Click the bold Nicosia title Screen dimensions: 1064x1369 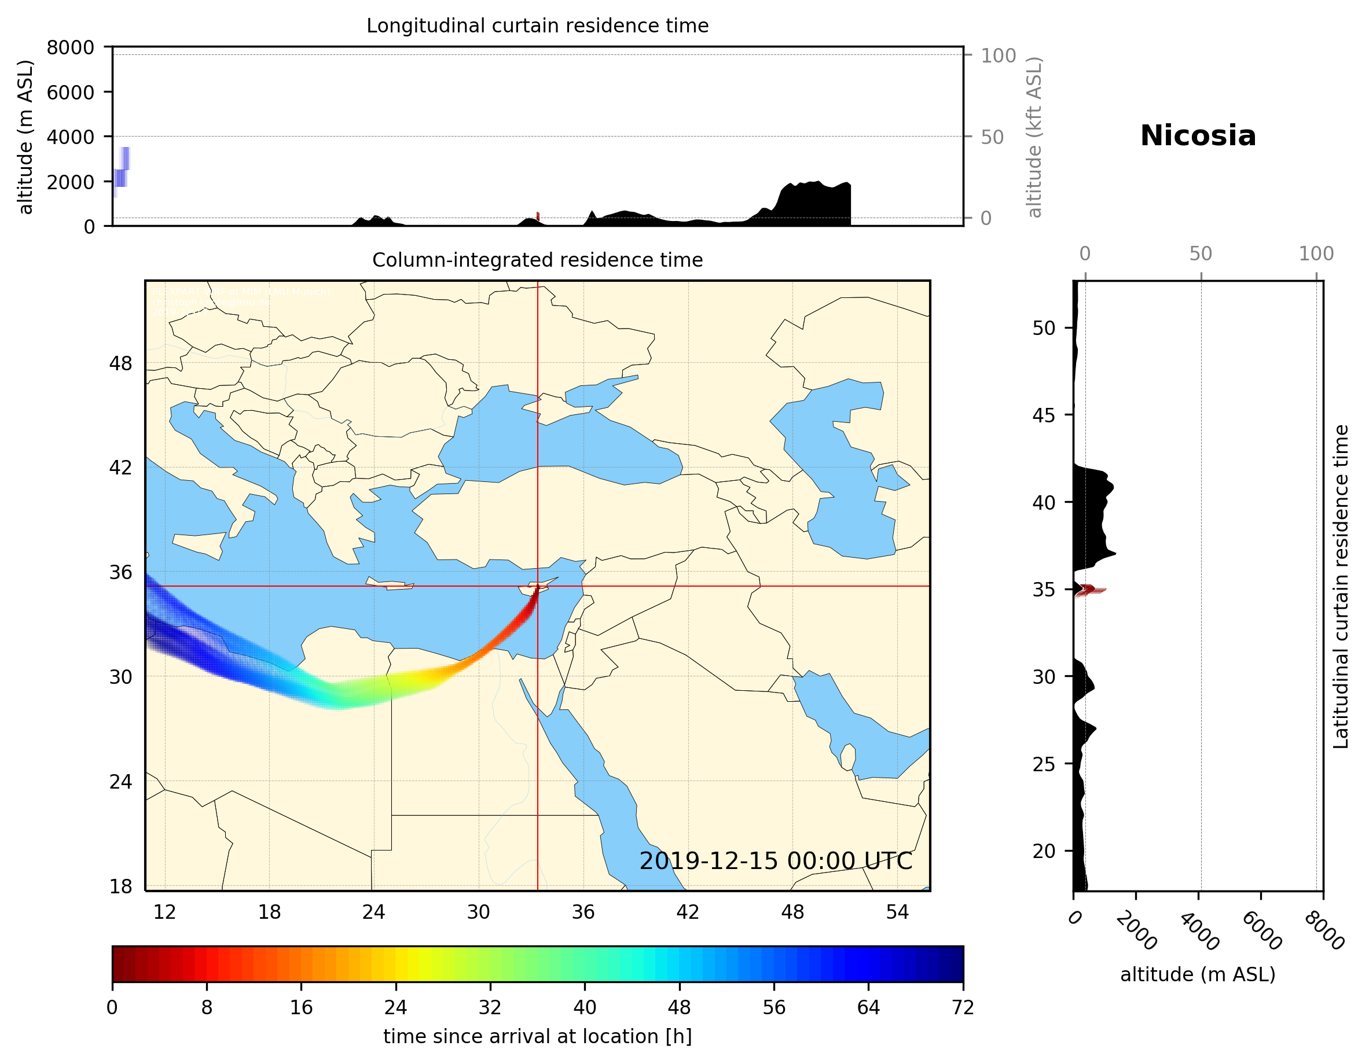[1198, 136]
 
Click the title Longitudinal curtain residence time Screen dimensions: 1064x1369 [537, 25]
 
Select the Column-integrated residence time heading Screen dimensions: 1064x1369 [537, 260]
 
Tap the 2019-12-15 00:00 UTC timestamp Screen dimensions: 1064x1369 [776, 861]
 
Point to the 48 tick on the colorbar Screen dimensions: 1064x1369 [680, 1008]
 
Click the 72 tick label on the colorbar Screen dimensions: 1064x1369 [963, 1008]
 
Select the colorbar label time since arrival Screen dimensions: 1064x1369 [537, 1036]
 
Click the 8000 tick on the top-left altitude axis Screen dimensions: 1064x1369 [70, 47]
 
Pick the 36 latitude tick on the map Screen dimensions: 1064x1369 [120, 572]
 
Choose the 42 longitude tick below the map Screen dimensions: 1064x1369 [688, 912]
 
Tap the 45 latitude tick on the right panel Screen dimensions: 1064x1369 [1044, 415]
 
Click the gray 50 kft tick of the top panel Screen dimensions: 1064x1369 [992, 137]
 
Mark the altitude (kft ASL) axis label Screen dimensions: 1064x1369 [1034, 137]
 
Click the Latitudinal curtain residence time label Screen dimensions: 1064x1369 [1340, 586]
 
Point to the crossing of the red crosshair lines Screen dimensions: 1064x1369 [538, 587]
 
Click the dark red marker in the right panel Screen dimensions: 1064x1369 [1088, 589]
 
